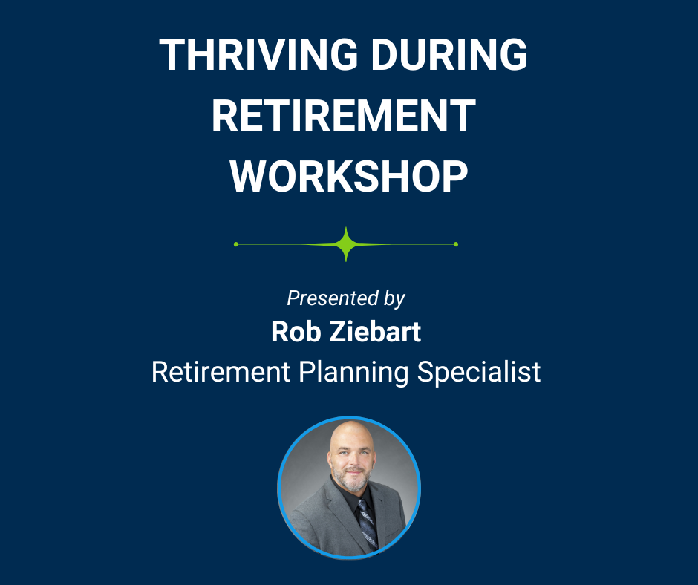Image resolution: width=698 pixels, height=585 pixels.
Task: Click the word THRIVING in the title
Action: point(258,54)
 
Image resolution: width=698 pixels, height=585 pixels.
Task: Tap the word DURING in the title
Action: point(449,54)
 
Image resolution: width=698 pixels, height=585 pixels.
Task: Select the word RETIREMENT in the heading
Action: point(344,115)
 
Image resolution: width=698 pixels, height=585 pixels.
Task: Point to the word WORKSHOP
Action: point(348,176)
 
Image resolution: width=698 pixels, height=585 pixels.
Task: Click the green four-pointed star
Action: point(346,244)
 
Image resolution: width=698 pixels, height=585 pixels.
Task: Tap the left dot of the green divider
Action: point(236,244)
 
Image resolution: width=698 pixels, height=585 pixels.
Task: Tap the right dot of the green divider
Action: point(456,244)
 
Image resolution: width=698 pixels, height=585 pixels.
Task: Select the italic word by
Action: point(394,298)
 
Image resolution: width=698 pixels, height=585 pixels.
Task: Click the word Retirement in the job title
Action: point(221,372)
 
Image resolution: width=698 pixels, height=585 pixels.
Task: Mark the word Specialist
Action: point(478,372)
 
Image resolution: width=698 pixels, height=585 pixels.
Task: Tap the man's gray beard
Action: point(352,480)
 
